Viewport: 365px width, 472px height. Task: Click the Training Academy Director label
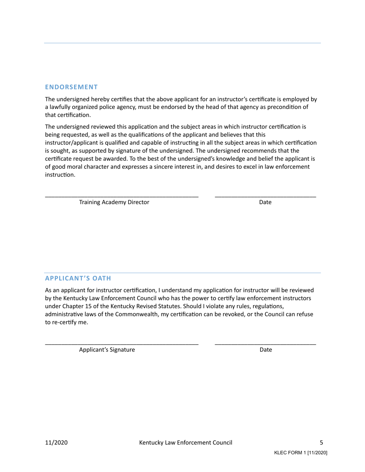click(114, 202)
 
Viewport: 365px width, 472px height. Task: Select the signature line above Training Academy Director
click(122, 196)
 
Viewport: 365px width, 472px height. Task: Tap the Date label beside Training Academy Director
click(265, 202)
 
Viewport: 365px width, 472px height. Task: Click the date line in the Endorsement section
click(265, 196)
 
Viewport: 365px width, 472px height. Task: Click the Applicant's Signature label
click(107, 350)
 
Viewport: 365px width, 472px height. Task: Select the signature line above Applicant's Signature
click(122, 344)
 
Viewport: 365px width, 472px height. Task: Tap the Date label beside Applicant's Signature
click(265, 350)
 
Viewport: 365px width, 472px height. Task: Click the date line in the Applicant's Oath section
click(265, 344)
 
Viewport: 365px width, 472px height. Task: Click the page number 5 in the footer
click(321, 442)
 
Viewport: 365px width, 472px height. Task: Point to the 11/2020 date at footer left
click(56, 442)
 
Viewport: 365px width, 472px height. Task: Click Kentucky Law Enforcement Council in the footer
click(186, 442)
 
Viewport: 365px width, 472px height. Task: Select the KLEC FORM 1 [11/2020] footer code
click(300, 453)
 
